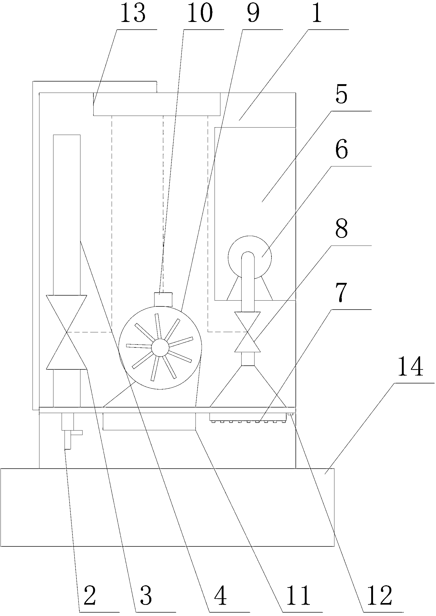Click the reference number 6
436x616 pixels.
coord(342,151)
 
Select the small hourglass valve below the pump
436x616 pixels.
coord(247,332)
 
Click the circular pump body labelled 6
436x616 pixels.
coord(249,257)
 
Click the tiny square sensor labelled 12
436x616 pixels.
coord(290,414)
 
